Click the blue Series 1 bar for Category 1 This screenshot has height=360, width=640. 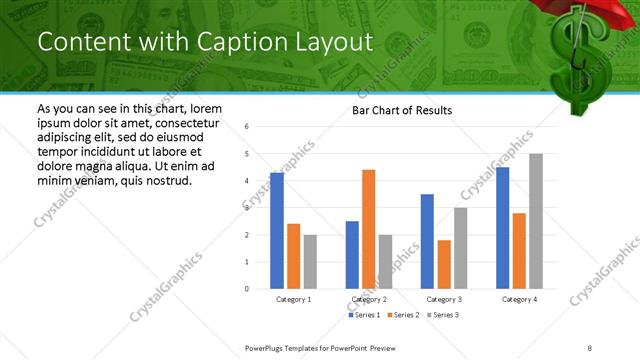[x=277, y=230]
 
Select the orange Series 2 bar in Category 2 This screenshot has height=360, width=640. [x=369, y=229]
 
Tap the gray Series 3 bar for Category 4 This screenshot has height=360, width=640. [x=536, y=221]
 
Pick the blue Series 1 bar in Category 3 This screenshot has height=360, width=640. [x=427, y=241]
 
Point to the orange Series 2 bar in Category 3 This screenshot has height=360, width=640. [x=444, y=264]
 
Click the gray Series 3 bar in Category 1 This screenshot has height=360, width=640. [x=310, y=261]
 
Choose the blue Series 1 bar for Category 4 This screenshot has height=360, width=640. [x=502, y=227]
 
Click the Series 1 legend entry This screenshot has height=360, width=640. [x=364, y=315]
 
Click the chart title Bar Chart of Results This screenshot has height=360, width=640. [x=402, y=110]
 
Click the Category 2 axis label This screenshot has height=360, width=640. [x=369, y=299]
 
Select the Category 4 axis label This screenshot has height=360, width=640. [x=519, y=299]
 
